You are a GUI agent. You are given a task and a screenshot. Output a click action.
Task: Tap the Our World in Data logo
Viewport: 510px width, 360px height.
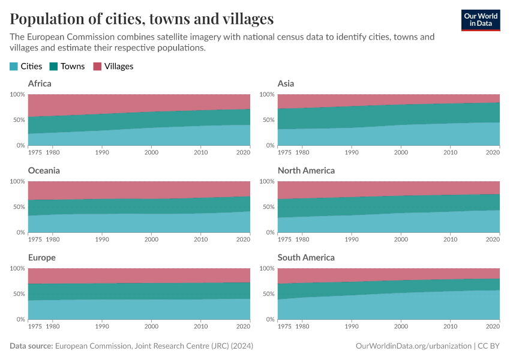(480, 20)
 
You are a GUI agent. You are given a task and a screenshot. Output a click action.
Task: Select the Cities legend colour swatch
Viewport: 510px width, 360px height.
(14, 67)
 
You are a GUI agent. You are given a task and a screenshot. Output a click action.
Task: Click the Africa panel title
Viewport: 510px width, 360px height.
(40, 83)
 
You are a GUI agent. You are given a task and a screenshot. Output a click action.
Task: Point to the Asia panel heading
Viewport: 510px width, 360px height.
(286, 83)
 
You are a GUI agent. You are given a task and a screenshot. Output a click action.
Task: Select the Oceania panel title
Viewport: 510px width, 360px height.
(44, 170)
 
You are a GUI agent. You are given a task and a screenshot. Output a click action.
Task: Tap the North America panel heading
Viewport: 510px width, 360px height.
(306, 170)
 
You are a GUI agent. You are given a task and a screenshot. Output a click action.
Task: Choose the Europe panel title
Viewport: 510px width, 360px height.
(41, 257)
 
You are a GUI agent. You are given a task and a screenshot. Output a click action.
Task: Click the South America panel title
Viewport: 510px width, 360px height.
(306, 257)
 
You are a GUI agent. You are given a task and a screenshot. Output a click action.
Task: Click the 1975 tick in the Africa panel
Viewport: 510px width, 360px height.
(35, 153)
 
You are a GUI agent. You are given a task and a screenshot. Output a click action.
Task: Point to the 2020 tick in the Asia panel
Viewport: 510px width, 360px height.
(493, 153)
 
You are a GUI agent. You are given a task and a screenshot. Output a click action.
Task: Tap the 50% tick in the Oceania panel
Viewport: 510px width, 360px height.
(18, 207)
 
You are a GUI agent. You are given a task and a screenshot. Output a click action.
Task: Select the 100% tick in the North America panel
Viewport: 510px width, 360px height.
(266, 181)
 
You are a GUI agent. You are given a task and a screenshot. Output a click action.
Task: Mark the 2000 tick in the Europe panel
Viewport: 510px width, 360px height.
(151, 327)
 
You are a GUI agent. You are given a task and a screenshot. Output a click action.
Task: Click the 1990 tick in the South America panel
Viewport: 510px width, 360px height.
(352, 327)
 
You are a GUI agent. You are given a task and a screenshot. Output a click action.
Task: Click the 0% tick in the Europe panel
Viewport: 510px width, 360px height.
(20, 319)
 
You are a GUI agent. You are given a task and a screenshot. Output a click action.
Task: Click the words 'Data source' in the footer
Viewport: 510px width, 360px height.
(31, 346)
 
